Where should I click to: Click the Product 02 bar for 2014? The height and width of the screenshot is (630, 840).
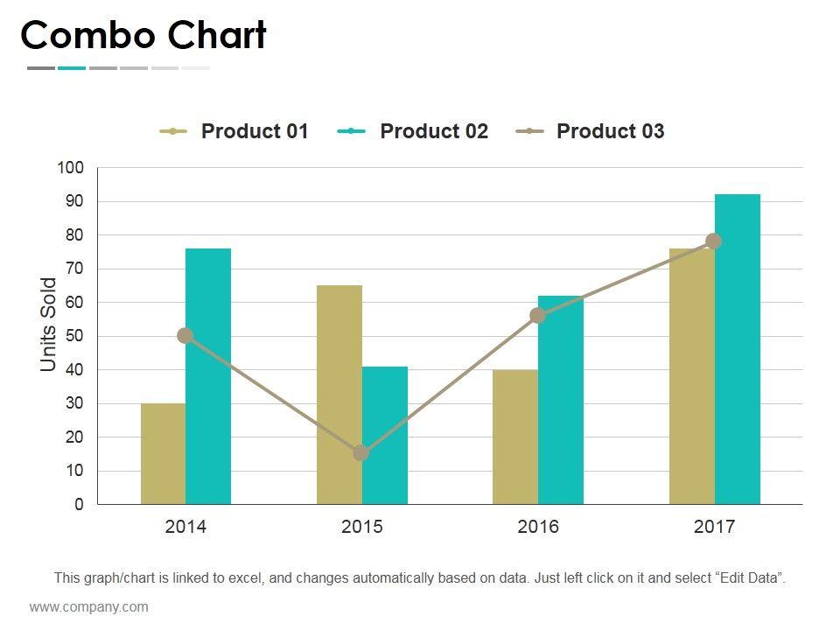208,376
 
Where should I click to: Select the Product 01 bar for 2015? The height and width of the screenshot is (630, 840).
339,395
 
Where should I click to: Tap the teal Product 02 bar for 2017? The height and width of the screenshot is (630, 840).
738,349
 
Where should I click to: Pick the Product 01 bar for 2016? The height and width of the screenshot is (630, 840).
515,437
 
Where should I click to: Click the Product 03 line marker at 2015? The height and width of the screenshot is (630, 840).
360,453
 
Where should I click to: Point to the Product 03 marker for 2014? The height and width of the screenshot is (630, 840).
185,335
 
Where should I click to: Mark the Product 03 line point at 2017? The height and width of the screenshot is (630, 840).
714,241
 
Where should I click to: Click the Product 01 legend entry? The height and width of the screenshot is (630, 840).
234,131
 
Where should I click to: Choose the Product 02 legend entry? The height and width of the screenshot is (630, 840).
413,131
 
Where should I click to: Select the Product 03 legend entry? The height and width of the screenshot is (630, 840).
591,131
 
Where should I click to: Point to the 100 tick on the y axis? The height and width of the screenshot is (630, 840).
71,167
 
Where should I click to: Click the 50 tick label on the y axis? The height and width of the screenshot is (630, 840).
74,336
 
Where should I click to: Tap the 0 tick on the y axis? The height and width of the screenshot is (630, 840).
79,505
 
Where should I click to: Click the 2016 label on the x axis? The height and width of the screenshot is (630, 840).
538,527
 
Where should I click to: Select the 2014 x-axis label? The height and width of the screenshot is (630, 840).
185,527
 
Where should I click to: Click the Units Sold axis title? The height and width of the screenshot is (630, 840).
49,325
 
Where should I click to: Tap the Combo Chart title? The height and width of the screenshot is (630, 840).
143,36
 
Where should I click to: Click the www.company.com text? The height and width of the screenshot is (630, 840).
89,606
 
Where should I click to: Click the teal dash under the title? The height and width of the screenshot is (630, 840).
72,67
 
